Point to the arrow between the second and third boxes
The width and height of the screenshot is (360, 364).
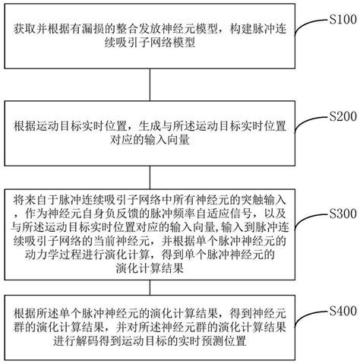coord(149,169)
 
